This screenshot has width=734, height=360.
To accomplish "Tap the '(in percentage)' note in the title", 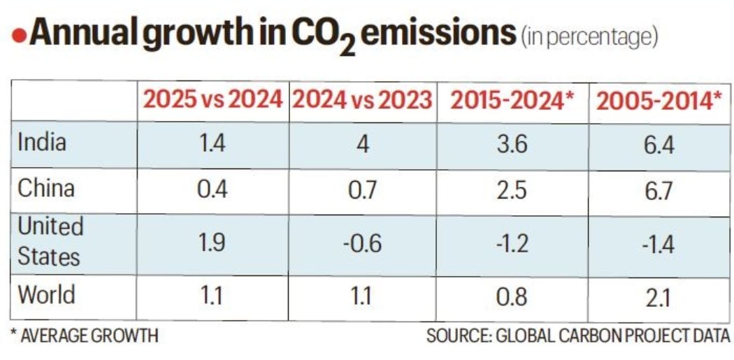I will click(589, 37).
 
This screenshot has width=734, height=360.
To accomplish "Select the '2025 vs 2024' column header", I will click(213, 100).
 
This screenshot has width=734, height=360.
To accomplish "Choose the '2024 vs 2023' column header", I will click(361, 100).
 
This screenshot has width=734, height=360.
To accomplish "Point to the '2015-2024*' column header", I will click(512, 100).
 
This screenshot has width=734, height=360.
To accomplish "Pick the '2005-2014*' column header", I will click(659, 101).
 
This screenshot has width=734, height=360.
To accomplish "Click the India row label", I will click(42, 143).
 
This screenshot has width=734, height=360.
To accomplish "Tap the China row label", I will click(45, 188).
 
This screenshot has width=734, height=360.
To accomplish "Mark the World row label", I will click(46, 294).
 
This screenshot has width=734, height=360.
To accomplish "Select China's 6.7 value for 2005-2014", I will click(658, 190).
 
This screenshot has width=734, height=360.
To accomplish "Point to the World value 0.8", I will click(512, 296).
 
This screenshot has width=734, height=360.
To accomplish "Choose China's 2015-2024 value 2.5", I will click(512, 190).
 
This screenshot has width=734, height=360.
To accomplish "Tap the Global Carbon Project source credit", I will click(578, 336).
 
